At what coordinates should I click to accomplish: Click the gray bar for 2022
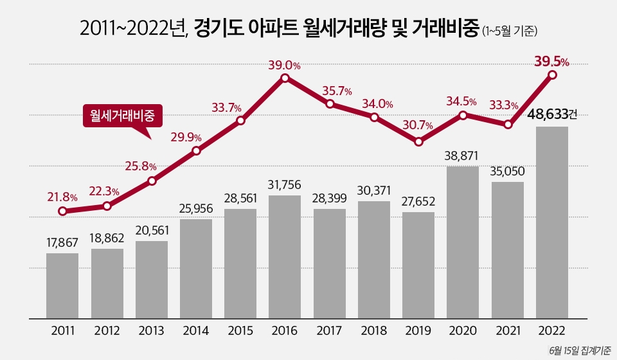(x=552, y=222)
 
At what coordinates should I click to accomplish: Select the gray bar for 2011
(x=62, y=285)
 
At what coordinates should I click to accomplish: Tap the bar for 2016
(x=285, y=256)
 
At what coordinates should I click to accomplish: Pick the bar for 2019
(x=418, y=265)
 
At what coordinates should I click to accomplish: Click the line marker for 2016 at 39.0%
(x=285, y=78)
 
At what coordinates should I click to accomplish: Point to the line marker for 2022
(x=552, y=75)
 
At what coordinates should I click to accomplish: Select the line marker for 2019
(x=418, y=141)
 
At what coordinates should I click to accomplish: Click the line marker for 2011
(x=62, y=211)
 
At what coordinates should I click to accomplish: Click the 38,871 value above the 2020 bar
(x=463, y=155)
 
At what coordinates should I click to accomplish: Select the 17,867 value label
(x=62, y=242)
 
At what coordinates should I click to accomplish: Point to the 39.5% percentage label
(x=551, y=62)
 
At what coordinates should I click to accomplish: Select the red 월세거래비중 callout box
(x=122, y=116)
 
